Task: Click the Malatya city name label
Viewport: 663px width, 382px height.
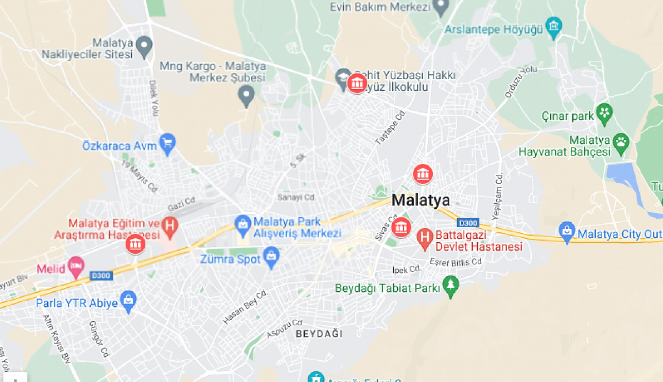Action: tap(421, 200)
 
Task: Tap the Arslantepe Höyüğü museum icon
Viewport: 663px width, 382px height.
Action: tap(553, 26)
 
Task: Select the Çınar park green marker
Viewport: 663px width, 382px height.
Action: tap(604, 113)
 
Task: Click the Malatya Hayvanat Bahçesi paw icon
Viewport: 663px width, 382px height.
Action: tap(621, 143)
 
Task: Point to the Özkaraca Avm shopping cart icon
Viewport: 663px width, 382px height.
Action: tap(168, 142)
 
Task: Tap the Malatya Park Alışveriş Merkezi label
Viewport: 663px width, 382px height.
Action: tap(297, 228)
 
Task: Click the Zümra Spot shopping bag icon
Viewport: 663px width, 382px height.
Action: tap(271, 256)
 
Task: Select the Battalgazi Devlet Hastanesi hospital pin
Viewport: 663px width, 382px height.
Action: tap(425, 238)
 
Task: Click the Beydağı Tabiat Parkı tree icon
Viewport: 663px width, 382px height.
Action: tap(451, 285)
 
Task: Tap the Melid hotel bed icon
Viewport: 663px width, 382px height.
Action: tap(76, 266)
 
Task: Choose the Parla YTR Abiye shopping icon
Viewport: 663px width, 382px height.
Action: tap(128, 301)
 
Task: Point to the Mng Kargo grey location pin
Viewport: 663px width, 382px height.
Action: tap(246, 95)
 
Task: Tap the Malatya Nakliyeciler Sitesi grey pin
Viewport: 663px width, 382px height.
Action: tap(144, 46)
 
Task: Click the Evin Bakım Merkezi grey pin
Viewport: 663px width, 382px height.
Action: tap(440, 6)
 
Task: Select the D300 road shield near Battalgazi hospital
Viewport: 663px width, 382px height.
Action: tap(468, 223)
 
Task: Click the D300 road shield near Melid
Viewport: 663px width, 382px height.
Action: tap(101, 275)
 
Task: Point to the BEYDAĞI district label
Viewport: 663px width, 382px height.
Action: tap(319, 334)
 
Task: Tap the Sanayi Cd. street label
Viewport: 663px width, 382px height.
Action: tap(296, 197)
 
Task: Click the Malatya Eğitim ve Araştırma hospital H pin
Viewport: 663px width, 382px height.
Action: tap(170, 227)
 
